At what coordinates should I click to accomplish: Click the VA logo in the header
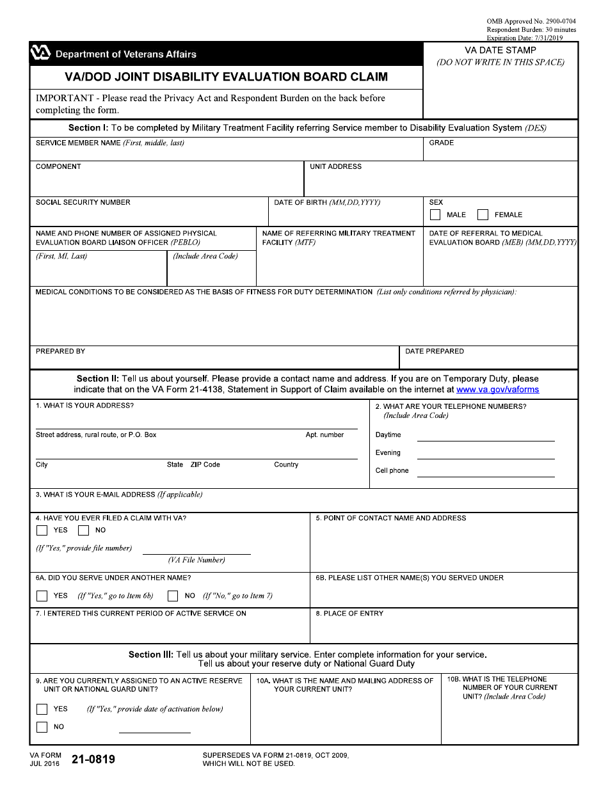tap(40, 54)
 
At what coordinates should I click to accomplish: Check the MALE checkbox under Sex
tap(435, 215)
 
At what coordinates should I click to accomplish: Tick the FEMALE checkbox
tap(483, 215)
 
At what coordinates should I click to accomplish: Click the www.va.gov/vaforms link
tap(497, 389)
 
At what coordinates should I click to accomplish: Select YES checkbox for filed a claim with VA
tap(42, 530)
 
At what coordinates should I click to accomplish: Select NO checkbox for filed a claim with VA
tap(83, 530)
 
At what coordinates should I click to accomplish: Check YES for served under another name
tap(42, 596)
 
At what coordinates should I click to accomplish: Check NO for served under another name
tap(173, 596)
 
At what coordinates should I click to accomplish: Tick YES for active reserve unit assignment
tap(42, 709)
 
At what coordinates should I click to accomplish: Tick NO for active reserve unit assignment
tap(42, 727)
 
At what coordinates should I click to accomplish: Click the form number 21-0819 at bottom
tap(93, 759)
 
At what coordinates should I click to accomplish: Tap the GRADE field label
tap(442, 143)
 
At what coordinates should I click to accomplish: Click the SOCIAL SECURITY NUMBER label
tap(83, 202)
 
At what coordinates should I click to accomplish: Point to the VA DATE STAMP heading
tap(500, 50)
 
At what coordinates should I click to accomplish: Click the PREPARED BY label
tap(60, 351)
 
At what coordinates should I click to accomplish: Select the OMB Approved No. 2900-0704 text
tap(531, 21)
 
